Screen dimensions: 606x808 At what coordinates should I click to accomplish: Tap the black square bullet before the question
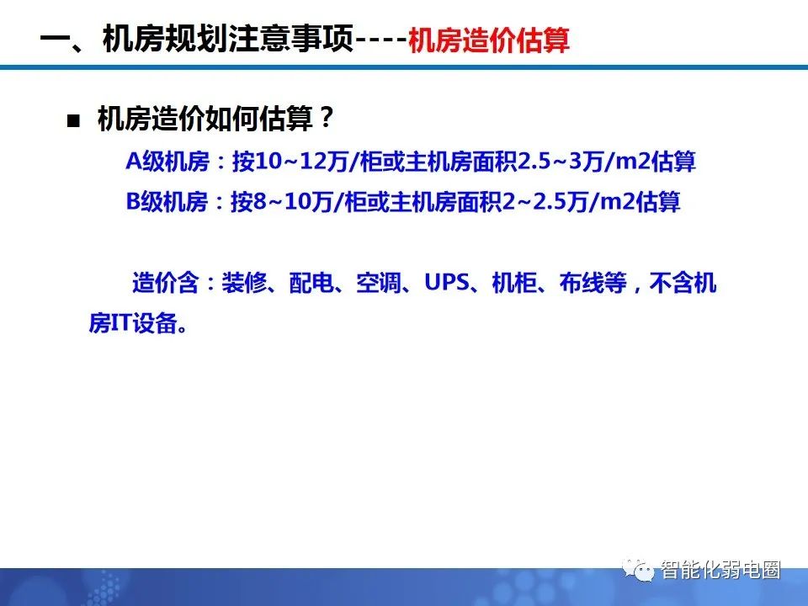click(73, 120)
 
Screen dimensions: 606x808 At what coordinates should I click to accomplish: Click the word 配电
click(311, 284)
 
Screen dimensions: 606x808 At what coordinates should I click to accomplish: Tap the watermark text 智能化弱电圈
click(720, 570)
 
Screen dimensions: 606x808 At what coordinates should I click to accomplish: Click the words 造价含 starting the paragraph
click(164, 284)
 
